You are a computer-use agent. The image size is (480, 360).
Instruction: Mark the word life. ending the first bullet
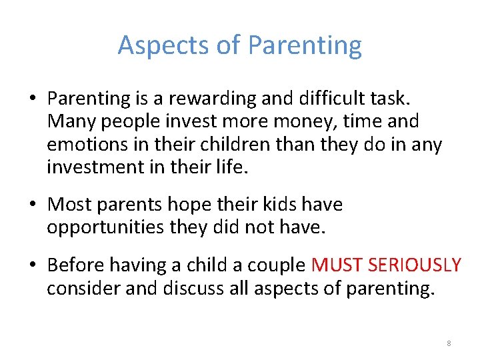pyautogui.click(x=233, y=167)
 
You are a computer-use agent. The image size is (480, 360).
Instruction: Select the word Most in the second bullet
pyautogui.click(x=70, y=204)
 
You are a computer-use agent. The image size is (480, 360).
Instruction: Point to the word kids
pyautogui.click(x=281, y=204)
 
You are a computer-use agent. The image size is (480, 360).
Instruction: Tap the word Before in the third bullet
pyautogui.click(x=76, y=265)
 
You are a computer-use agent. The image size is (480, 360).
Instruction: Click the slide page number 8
pyautogui.click(x=449, y=343)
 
